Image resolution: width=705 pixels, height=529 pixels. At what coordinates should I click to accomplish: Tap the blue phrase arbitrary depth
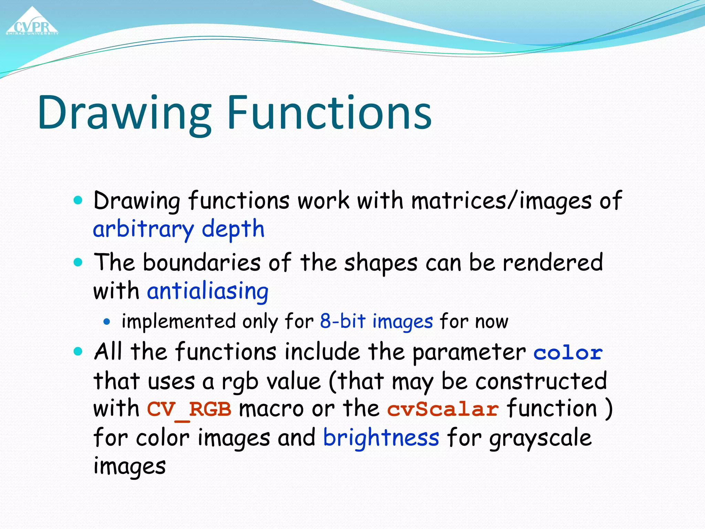tap(179, 229)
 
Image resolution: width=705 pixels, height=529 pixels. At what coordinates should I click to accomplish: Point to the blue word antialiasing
tap(208, 291)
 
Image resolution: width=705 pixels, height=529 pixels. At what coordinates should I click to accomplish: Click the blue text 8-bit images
tap(376, 321)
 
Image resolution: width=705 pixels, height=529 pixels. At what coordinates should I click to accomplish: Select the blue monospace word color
tap(568, 353)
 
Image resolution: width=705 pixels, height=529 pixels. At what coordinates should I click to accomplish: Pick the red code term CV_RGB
tap(189, 409)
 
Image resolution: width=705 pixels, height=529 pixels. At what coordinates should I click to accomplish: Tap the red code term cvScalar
tap(443, 409)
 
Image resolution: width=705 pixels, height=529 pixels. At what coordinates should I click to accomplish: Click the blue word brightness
tap(381, 438)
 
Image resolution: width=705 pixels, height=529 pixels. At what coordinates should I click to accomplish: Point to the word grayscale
tap(540, 438)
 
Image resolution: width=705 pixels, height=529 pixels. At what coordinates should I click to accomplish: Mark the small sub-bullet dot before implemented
tap(107, 322)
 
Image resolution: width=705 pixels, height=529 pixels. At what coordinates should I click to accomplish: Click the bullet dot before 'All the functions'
tap(78, 352)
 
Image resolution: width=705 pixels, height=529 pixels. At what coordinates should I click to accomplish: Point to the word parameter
tap(469, 353)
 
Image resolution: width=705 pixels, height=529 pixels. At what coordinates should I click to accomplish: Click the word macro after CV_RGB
tap(271, 409)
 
